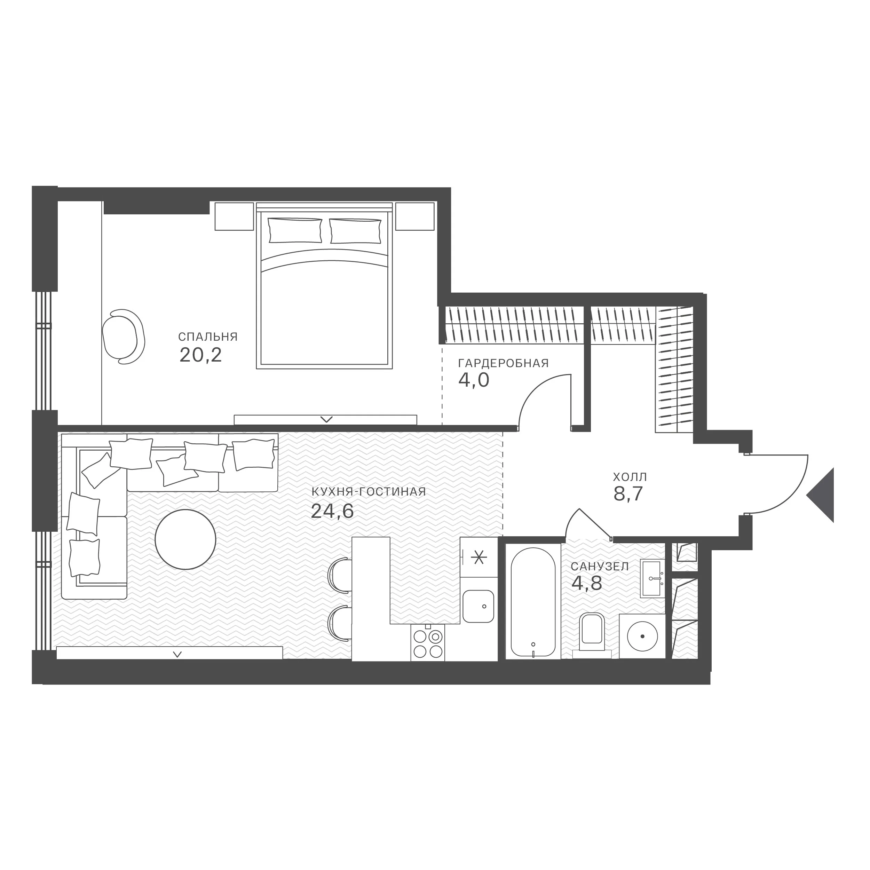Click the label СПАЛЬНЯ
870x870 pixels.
coord(208,337)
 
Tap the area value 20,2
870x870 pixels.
coord(200,355)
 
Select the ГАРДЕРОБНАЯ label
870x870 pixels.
coord(504,363)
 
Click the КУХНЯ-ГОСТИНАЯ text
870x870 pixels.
coord(368,492)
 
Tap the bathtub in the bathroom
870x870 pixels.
coord(533,602)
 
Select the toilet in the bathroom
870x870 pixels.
coord(592,632)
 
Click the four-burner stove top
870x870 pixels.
coord(428,643)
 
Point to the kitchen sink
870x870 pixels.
coord(478,606)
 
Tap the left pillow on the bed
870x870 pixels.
coord(295,231)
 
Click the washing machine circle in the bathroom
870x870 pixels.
coord(642,636)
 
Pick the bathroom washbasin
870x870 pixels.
coord(652,579)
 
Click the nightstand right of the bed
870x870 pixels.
coord(415,216)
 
